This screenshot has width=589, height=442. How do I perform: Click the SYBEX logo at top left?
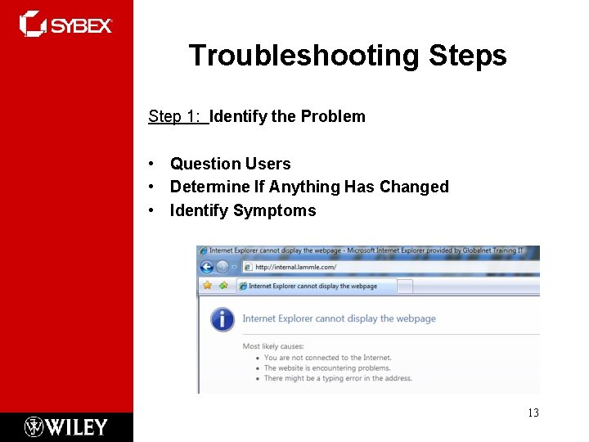(65, 24)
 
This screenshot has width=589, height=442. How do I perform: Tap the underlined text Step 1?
(177, 116)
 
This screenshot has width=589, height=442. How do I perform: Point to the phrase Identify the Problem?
(288, 116)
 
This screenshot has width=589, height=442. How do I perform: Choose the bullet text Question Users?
(230, 164)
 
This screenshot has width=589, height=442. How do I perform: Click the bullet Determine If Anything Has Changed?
(309, 187)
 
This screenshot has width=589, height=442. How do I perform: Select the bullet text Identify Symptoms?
(242, 210)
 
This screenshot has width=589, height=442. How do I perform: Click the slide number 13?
(533, 413)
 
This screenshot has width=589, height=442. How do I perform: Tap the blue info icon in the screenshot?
(222, 319)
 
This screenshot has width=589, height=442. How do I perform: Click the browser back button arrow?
(207, 267)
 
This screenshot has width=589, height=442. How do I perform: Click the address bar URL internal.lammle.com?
(295, 267)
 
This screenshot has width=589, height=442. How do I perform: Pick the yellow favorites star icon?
(207, 286)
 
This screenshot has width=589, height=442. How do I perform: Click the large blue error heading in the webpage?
(339, 318)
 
